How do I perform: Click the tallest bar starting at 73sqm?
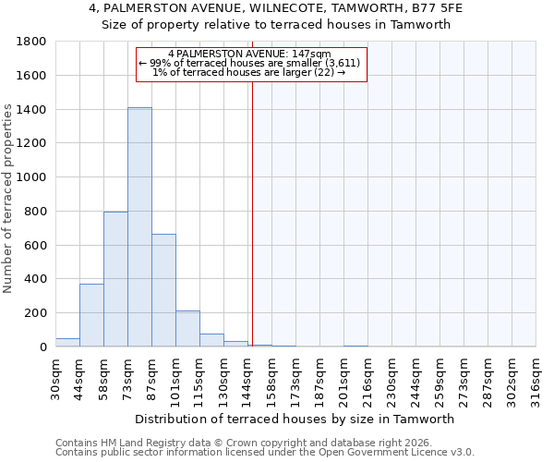click(x=139, y=227)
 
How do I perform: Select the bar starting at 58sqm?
click(x=115, y=279)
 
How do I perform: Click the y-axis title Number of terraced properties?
click(x=9, y=199)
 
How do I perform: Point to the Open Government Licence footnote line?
click(x=265, y=452)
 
